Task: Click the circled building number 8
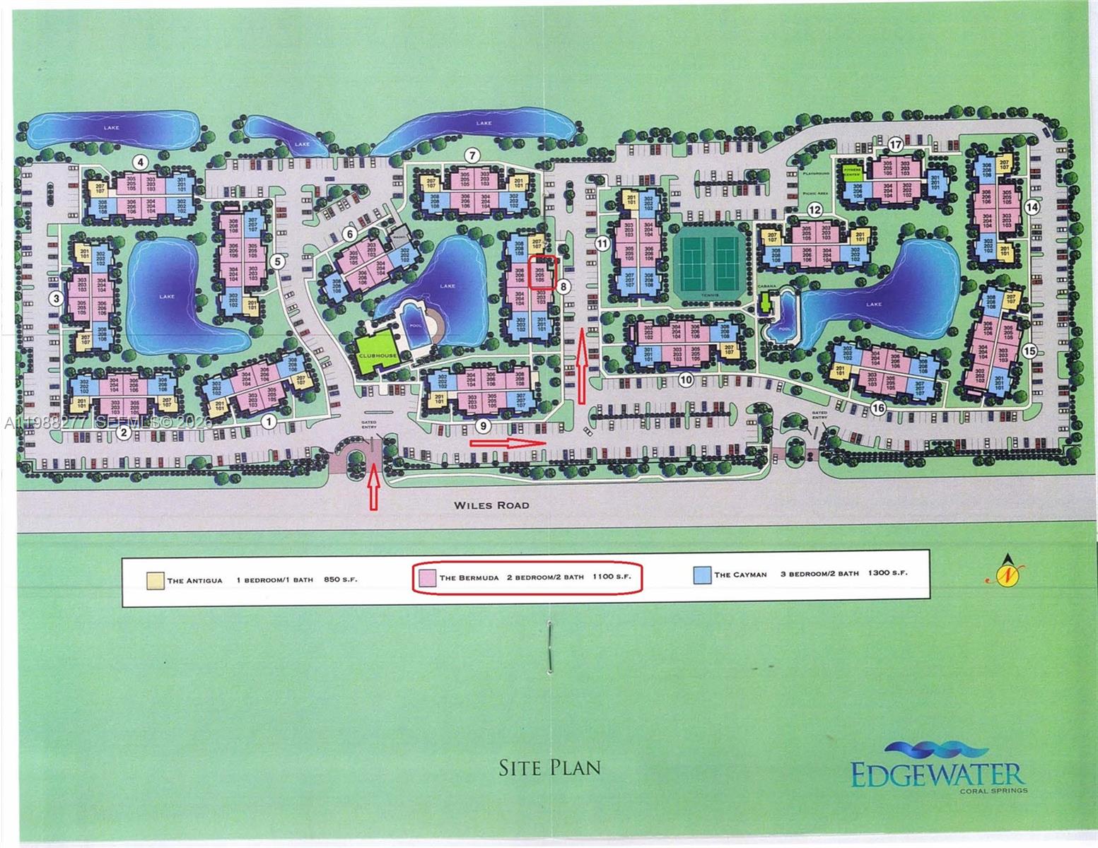click(563, 286)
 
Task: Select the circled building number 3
click(56, 299)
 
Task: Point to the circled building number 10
click(684, 379)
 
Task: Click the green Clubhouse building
click(377, 352)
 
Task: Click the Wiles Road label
click(491, 506)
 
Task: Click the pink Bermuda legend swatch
click(426, 577)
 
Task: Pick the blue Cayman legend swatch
click(702, 575)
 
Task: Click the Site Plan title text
click(549, 767)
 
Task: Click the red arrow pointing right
click(508, 443)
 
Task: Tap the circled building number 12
click(815, 209)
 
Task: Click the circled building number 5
click(277, 261)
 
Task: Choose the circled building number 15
click(1029, 350)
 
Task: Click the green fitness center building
click(851, 172)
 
